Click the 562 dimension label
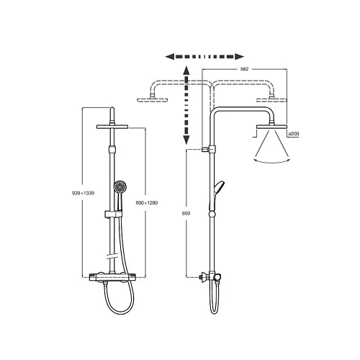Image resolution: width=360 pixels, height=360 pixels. (244, 69)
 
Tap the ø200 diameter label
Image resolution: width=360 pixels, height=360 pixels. (294, 134)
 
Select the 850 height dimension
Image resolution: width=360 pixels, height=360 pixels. (186, 213)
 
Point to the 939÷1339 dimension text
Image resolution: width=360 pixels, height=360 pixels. (83, 193)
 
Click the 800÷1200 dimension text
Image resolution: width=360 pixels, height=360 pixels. (147, 203)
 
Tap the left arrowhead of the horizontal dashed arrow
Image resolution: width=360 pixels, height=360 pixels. (170, 57)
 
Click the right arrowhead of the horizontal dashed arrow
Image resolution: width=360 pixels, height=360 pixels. (239, 57)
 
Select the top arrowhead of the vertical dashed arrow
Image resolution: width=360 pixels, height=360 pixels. (186, 71)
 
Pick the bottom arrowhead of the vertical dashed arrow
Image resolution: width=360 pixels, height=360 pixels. (186, 140)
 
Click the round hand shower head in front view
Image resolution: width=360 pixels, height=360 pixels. (120, 186)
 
